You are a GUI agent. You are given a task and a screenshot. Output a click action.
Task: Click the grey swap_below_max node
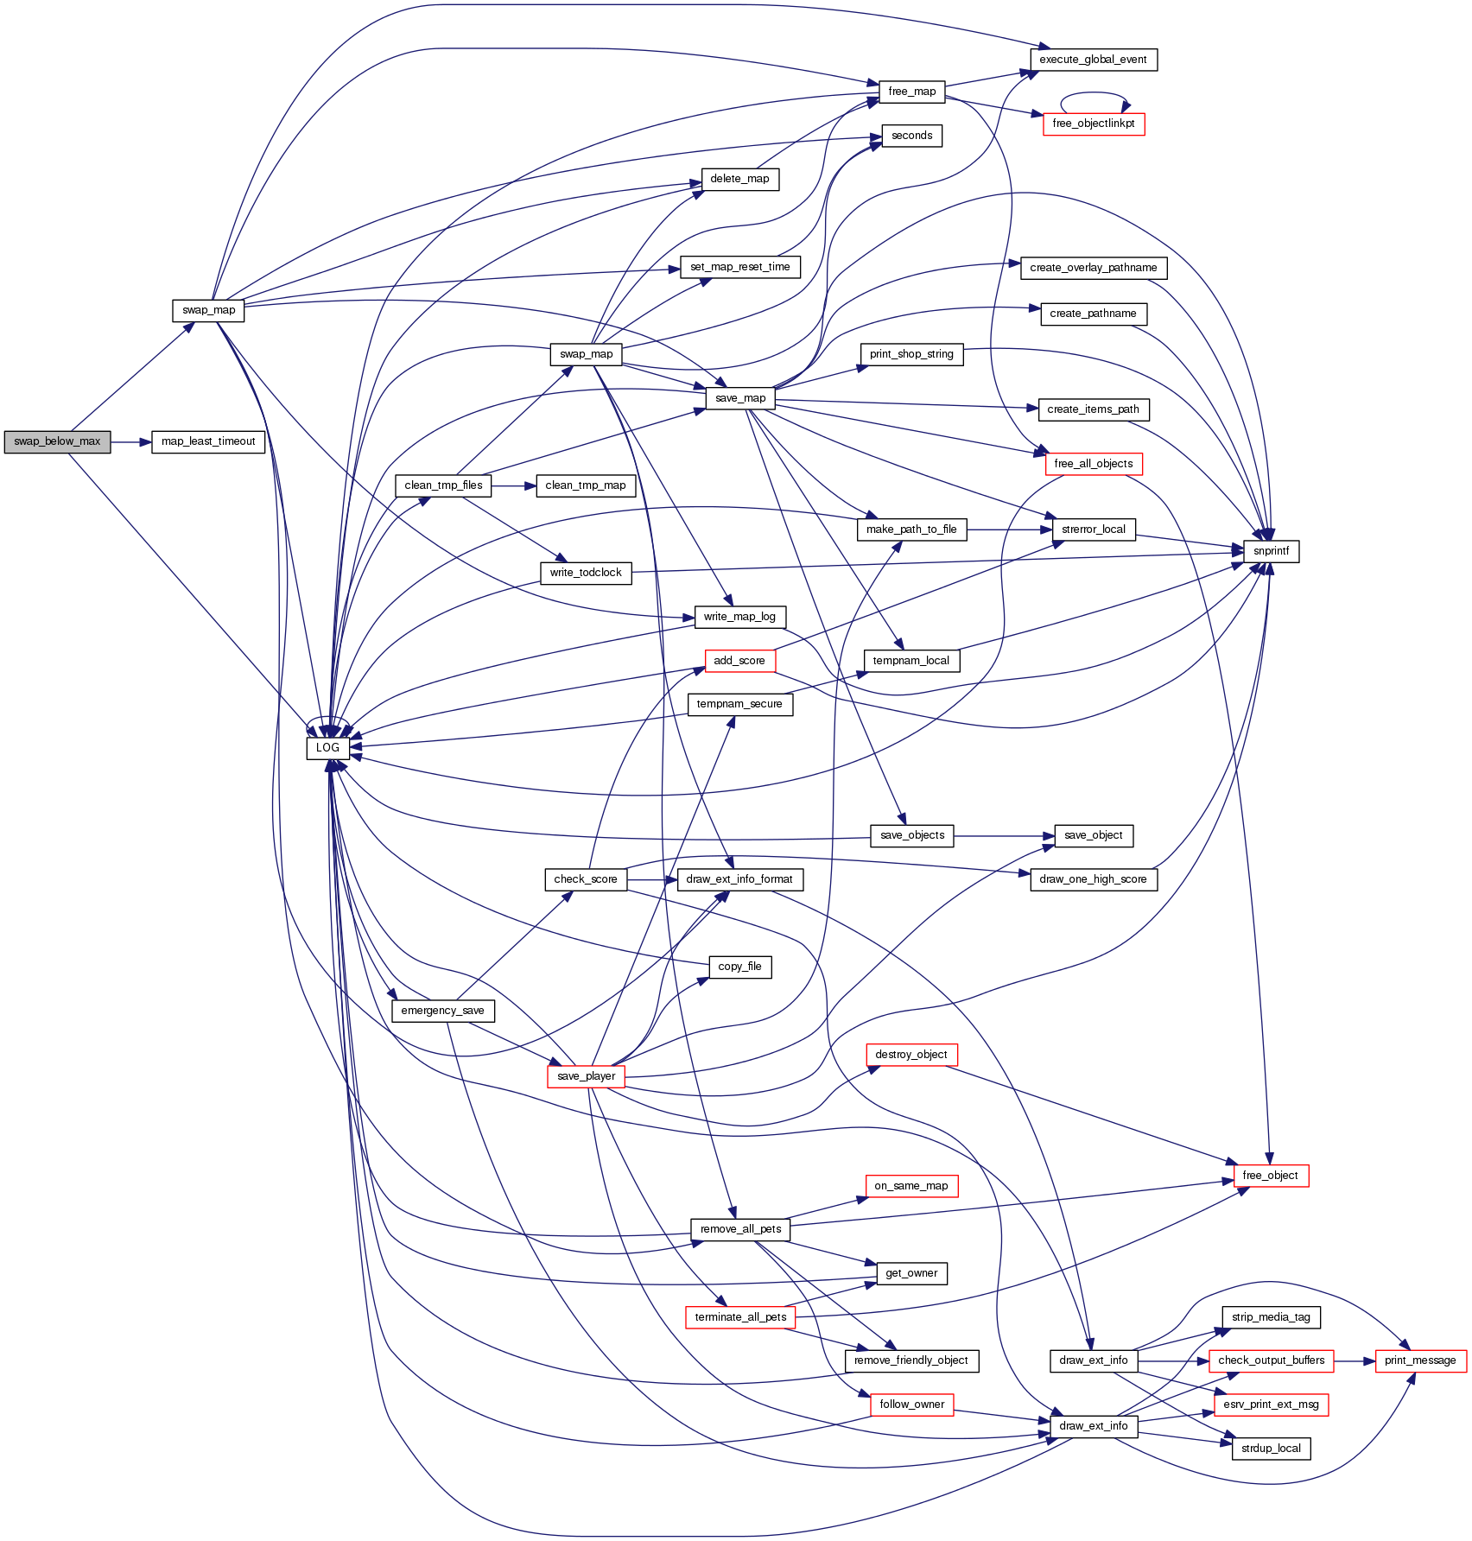[57, 441]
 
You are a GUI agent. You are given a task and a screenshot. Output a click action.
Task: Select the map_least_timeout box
[208, 441]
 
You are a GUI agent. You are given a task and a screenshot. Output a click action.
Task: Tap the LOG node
[327, 748]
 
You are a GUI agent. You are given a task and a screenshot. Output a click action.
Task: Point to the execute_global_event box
[1093, 60]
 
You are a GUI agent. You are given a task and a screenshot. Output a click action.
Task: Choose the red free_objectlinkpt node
[1093, 124]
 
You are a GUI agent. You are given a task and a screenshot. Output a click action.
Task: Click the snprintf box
[1271, 551]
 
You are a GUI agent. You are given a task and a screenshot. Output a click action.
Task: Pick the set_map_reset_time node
[739, 267]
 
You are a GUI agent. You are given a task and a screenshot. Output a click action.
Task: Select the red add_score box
[739, 661]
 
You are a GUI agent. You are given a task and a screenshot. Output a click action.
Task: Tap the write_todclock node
[586, 573]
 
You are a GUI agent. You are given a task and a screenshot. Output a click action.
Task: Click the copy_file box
[739, 967]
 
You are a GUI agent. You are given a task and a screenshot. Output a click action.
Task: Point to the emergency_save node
[442, 1011]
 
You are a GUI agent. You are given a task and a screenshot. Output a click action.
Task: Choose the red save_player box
[586, 1076]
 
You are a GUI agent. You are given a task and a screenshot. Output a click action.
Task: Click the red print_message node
[1420, 1360]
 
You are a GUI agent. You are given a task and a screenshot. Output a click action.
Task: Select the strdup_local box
[1271, 1449]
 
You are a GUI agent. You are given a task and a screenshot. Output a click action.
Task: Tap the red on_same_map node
[910, 1186]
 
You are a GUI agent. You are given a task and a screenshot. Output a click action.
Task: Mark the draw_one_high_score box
[1093, 879]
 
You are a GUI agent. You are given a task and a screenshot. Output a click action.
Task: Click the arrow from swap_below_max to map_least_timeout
[130, 442]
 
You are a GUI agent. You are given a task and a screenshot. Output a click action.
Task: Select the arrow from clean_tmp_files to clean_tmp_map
[513, 486]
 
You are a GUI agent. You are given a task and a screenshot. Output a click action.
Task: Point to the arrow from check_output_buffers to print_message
[1355, 1361]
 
